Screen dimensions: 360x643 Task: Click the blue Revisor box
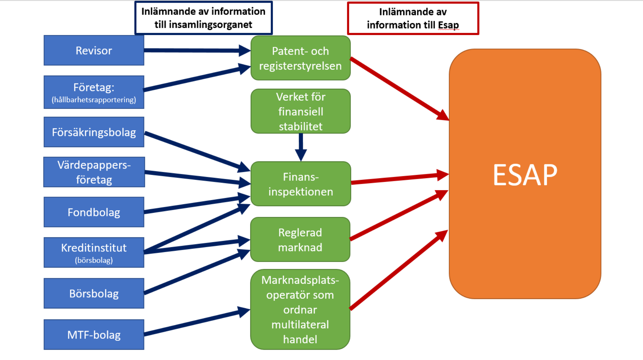pos(94,50)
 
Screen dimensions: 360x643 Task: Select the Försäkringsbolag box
pos(94,132)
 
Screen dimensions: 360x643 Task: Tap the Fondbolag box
pos(94,212)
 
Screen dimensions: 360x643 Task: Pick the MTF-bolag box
pos(94,335)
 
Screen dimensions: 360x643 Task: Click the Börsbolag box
pos(94,293)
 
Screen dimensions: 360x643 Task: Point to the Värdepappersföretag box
pos(94,172)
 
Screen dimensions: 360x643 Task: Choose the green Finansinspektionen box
pos(300,184)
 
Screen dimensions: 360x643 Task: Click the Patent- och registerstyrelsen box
pos(300,58)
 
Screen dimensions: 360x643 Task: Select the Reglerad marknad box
pos(300,240)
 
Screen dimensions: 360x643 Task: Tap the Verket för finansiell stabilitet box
pos(300,111)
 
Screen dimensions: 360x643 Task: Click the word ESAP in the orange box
pos(525,175)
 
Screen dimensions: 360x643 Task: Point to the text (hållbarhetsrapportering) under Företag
pos(94,100)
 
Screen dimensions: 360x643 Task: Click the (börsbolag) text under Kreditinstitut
pos(94,260)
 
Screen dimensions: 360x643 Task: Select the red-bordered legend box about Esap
pos(413,18)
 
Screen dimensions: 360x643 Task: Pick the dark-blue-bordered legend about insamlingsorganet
pos(203,18)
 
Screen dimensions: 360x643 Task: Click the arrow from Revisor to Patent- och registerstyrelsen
pos(195,50)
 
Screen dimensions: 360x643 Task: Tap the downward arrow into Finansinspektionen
pos(301,147)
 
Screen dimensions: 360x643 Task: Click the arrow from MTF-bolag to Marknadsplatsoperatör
pos(195,323)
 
